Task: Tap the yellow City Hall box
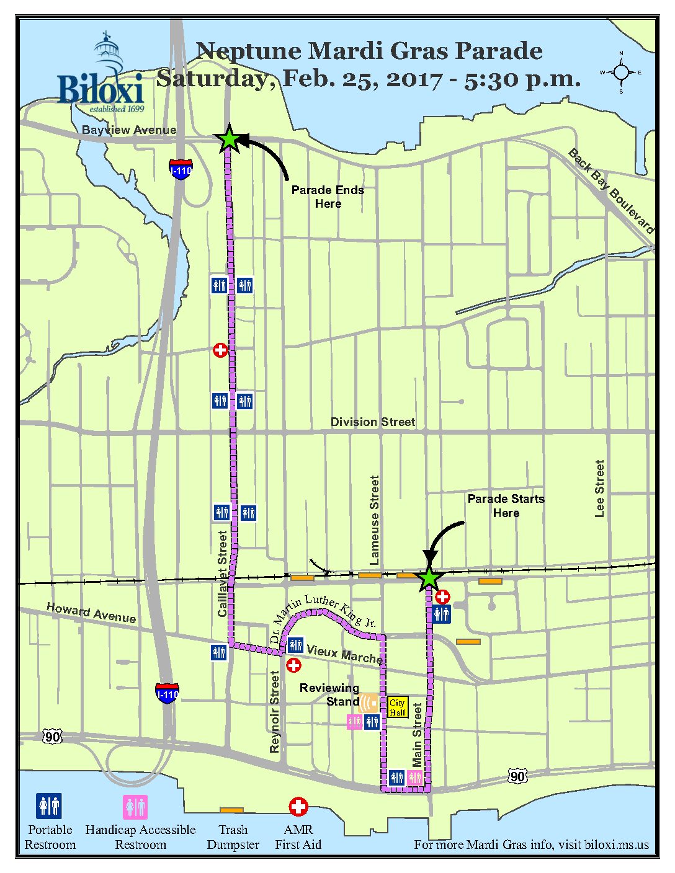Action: [x=397, y=707]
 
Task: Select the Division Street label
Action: [x=372, y=422]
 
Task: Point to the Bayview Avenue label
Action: [x=129, y=130]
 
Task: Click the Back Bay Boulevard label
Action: [x=611, y=191]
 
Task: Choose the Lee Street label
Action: [x=599, y=489]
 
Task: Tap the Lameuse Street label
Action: [x=374, y=520]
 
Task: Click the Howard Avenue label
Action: [x=91, y=613]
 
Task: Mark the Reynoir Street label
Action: [x=275, y=712]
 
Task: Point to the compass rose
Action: [x=621, y=73]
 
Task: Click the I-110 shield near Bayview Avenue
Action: [x=181, y=169]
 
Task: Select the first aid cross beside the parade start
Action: [x=442, y=597]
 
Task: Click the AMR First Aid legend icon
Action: [x=298, y=807]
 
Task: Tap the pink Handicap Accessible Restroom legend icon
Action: [x=135, y=807]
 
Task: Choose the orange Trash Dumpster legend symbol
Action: [x=232, y=810]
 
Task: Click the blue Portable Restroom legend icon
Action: [x=48, y=807]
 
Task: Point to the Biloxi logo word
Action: [x=101, y=89]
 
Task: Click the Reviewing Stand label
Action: [x=329, y=694]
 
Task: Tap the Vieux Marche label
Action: [x=344, y=654]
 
